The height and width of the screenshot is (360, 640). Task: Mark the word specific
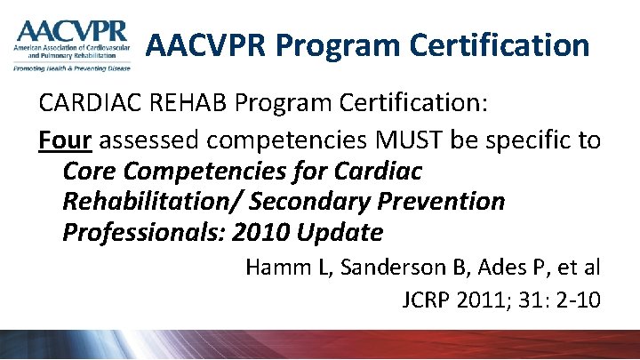[x=521, y=140]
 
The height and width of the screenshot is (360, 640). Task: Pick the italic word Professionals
[x=143, y=233]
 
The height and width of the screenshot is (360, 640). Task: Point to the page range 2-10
[x=577, y=299]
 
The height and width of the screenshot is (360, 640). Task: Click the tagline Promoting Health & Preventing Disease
[x=71, y=68]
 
